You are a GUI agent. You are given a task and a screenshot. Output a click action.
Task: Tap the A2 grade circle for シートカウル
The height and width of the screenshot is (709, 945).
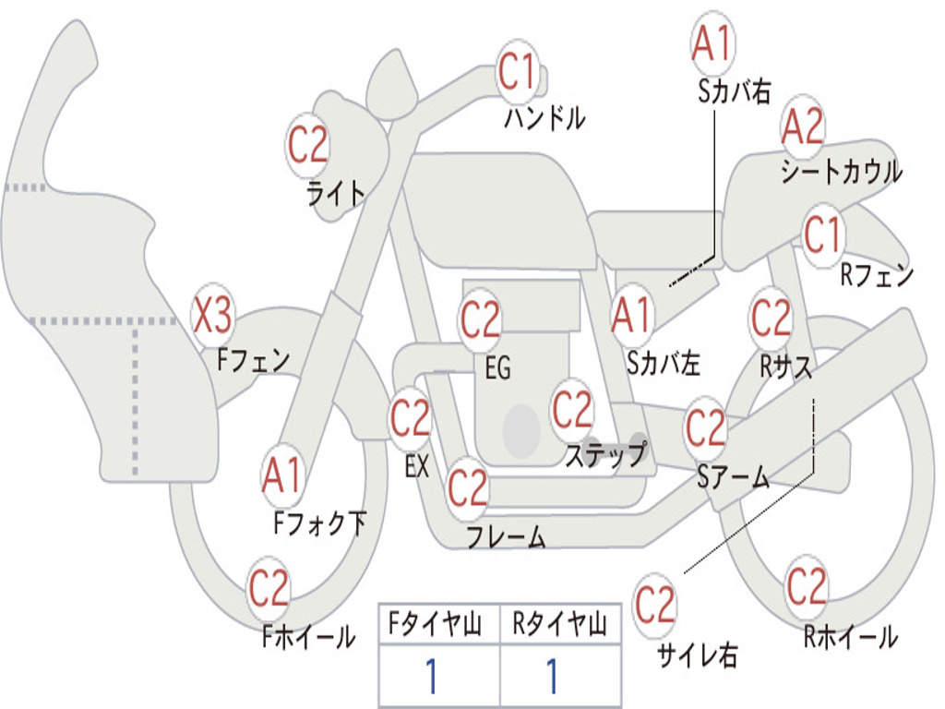point(803,128)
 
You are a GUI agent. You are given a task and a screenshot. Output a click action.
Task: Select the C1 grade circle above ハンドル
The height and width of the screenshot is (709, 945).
point(517,71)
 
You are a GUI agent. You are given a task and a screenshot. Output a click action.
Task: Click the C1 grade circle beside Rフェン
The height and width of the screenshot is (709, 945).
point(822,236)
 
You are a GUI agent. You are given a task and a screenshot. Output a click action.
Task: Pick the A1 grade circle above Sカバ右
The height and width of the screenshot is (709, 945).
point(712,44)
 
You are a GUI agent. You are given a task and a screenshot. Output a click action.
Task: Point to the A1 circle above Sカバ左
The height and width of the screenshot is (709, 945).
point(632,315)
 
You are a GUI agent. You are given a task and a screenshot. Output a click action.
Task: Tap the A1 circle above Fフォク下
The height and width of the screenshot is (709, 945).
point(281,476)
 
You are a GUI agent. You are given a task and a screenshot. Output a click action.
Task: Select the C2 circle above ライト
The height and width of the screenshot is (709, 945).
point(307,144)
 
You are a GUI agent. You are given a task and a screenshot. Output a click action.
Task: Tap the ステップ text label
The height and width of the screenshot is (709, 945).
point(605,455)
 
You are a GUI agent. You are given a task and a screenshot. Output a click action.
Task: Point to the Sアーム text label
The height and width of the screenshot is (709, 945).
point(733,476)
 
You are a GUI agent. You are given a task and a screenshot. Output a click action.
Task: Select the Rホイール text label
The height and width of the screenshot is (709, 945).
point(850,636)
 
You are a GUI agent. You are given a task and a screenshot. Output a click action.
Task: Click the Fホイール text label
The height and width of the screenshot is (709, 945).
point(308,636)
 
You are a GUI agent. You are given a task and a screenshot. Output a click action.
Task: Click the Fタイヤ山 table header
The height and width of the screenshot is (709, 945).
point(438,626)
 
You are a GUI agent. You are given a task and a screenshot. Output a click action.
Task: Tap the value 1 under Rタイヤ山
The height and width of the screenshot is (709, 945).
point(553,678)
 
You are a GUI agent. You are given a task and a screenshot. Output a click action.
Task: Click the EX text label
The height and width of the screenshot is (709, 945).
point(417,466)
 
